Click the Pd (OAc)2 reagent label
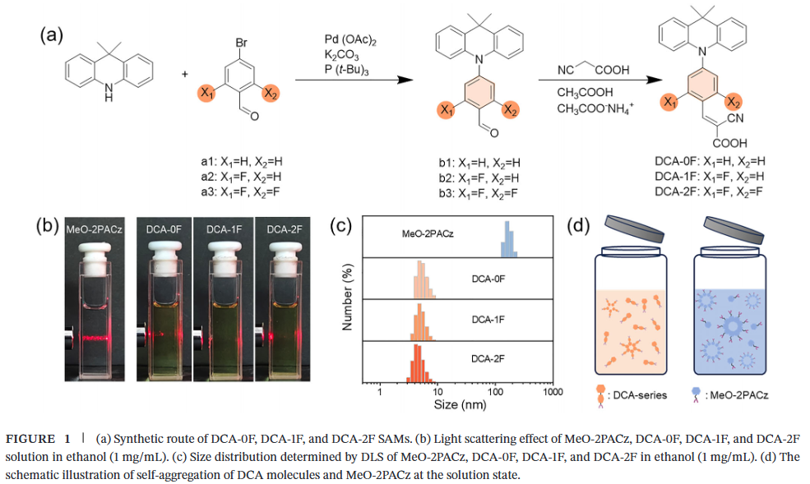[x=350, y=40]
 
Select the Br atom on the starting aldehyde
[x=241, y=42]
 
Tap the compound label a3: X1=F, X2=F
[x=242, y=192]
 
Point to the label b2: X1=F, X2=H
[x=479, y=178]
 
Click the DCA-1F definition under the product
[x=710, y=177]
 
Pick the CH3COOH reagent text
[x=585, y=93]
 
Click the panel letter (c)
[x=341, y=225]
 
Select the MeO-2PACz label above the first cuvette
[x=94, y=229]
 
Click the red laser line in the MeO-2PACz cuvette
[x=95, y=339]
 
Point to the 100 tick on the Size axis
[x=495, y=392]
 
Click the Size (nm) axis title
[x=460, y=404]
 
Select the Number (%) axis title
[x=347, y=297]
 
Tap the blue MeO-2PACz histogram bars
[x=509, y=239]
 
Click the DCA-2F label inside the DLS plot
[x=488, y=359]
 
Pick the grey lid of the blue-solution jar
[x=733, y=229]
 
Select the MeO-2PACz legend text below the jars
[x=739, y=395]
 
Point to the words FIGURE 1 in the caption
[x=38, y=439]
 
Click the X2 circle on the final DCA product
[x=734, y=102]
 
